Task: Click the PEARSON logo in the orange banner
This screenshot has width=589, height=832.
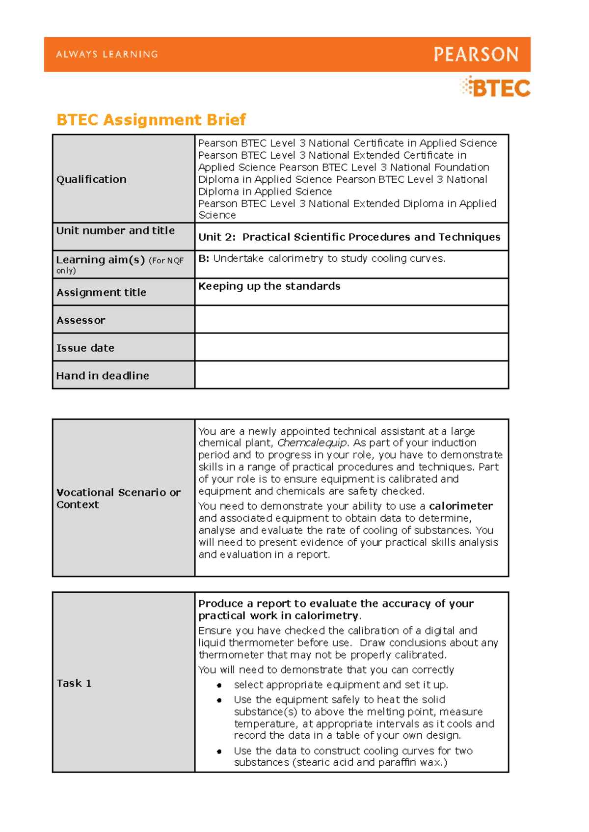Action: (x=476, y=55)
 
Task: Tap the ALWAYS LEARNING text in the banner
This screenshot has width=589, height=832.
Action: (x=107, y=55)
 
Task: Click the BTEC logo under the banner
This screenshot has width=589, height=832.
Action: (x=496, y=88)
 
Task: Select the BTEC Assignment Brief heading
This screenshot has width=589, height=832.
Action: (x=151, y=120)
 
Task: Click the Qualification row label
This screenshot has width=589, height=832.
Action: (x=91, y=179)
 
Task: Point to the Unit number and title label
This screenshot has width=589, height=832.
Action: (x=115, y=230)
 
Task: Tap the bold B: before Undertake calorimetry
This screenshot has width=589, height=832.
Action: (x=204, y=259)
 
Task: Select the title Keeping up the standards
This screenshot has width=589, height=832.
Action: (x=269, y=286)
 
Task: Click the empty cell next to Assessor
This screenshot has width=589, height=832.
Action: (x=351, y=320)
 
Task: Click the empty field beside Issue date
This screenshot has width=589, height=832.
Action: (x=351, y=347)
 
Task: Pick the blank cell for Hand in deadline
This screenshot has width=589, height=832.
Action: (x=351, y=375)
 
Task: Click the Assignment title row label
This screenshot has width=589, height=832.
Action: (x=101, y=293)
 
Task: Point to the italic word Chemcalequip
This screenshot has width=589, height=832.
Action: (x=312, y=443)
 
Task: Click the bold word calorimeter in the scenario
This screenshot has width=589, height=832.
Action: (x=461, y=506)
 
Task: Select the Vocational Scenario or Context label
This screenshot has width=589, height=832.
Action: (x=118, y=499)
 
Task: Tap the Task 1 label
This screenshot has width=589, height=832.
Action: (x=74, y=683)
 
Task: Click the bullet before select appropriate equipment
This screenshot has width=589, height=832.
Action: (x=219, y=685)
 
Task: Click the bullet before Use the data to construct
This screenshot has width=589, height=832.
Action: (x=219, y=751)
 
